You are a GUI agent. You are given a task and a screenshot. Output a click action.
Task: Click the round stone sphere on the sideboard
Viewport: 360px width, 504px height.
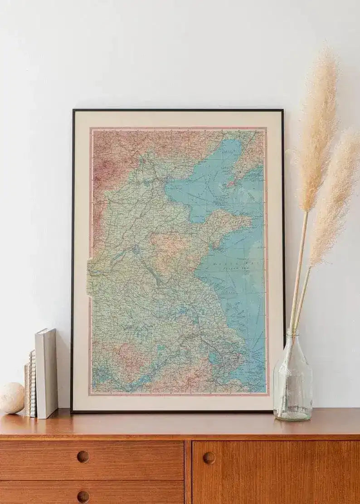point(11,397)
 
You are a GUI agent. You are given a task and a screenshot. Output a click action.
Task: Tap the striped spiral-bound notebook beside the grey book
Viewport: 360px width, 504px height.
point(32,383)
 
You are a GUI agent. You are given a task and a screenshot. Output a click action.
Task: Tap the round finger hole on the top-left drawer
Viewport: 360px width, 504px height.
point(83,456)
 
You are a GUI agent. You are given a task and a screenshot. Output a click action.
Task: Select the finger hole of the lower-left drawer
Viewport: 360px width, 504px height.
point(83,496)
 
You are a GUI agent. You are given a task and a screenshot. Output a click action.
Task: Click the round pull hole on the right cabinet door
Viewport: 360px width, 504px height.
point(209,458)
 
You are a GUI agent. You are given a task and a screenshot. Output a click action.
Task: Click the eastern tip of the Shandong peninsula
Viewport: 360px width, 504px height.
point(250,222)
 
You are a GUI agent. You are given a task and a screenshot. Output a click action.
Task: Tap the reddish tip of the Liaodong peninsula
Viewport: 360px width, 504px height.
point(231,184)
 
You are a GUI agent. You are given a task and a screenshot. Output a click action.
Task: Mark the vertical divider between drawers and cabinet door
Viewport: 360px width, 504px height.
point(188,471)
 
